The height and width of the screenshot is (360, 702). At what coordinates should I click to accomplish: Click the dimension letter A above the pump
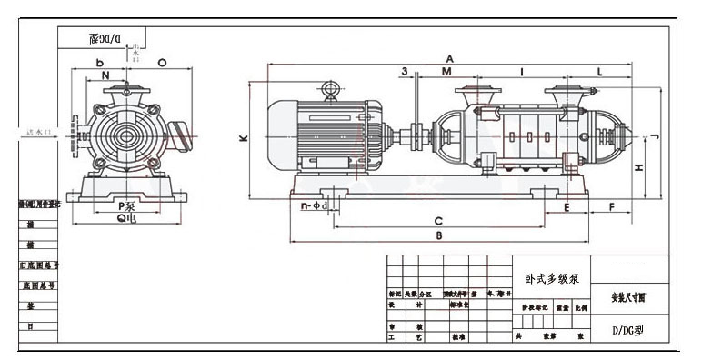(x=449, y=57)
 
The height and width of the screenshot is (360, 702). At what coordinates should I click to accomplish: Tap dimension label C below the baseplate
(x=438, y=221)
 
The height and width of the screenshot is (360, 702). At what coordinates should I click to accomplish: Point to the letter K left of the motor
(x=243, y=139)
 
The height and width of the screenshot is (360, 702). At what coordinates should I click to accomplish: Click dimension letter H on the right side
(x=639, y=167)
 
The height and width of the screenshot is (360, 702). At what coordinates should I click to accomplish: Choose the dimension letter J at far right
(x=656, y=136)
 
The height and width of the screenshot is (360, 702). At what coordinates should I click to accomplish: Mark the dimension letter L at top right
(x=601, y=71)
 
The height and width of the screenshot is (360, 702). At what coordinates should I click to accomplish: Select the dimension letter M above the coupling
(x=446, y=71)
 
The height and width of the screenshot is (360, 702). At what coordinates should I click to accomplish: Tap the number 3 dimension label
(x=403, y=70)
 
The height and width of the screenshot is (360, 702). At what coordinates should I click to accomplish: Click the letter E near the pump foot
(x=567, y=208)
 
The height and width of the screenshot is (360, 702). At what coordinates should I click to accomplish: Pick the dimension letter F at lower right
(x=612, y=208)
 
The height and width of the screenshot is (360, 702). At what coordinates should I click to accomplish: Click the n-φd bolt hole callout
(x=320, y=206)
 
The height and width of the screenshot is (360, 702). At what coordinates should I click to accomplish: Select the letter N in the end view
(x=105, y=75)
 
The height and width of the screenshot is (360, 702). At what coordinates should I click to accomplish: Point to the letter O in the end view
(x=161, y=63)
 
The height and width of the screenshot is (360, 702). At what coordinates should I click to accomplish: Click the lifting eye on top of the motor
(x=328, y=89)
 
